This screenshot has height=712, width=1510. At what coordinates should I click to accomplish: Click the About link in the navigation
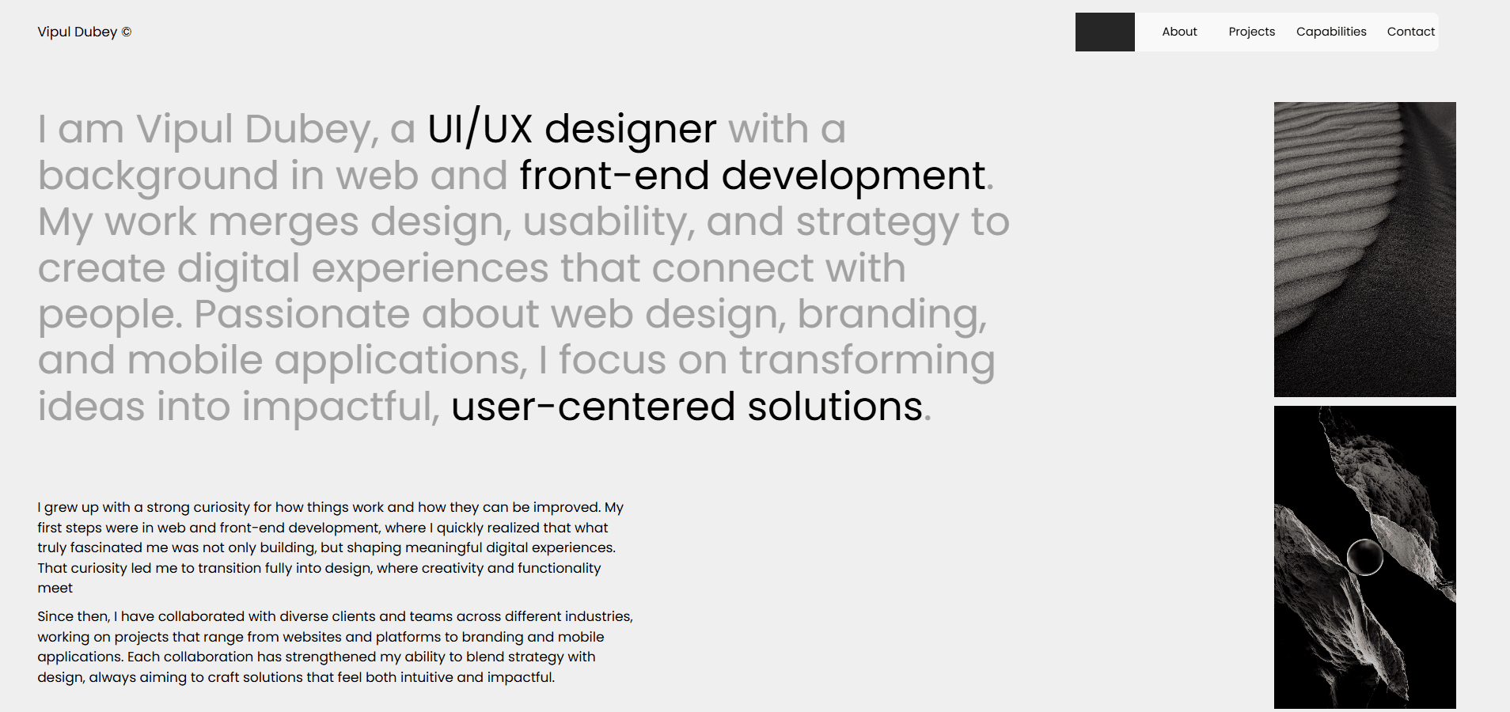[x=1179, y=32]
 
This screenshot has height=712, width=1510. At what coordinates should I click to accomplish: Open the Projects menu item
[x=1251, y=32]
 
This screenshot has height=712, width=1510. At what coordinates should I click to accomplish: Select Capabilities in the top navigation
[x=1331, y=32]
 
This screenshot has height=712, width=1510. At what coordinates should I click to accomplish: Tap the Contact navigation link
[x=1410, y=32]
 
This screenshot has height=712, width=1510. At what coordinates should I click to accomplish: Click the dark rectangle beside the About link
[x=1105, y=32]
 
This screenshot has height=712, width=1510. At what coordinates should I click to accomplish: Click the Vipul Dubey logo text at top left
[x=77, y=32]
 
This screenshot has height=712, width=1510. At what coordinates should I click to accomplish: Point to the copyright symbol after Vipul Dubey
[x=127, y=32]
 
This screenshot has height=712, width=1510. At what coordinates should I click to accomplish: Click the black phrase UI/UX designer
[x=571, y=128]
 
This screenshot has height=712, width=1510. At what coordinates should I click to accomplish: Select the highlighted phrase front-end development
[x=753, y=175]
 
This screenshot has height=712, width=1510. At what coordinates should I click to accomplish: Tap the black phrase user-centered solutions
[x=687, y=407]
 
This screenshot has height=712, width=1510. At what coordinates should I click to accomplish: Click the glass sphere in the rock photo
[x=1364, y=557]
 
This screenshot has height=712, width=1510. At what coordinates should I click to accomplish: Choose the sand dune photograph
[x=1364, y=249]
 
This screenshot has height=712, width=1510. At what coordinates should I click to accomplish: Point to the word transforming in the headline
[x=867, y=361]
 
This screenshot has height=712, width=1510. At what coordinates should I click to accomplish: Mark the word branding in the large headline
[x=892, y=315]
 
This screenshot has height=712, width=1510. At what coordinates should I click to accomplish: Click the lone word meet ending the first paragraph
[x=55, y=588]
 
